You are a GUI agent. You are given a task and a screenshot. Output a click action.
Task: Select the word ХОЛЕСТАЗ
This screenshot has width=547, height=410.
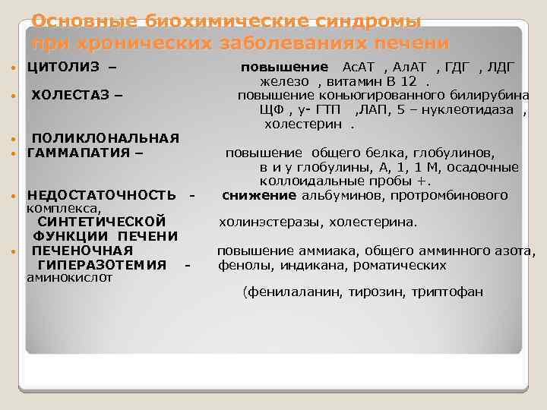tap(71, 96)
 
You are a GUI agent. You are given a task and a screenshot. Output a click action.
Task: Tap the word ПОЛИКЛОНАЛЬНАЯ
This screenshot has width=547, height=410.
tap(106, 137)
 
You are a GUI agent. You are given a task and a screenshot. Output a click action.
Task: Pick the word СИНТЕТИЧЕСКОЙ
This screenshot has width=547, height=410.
tap(102, 222)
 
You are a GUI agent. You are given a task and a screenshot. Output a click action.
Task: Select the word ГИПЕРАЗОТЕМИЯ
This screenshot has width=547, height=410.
tap(102, 265)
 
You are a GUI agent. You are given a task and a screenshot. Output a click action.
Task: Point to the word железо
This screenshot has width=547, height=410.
tap(284, 81)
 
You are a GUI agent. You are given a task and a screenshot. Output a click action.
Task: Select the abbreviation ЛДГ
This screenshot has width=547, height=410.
tap(501, 67)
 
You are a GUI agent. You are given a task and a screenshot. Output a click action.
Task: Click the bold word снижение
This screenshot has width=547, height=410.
tap(259, 195)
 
